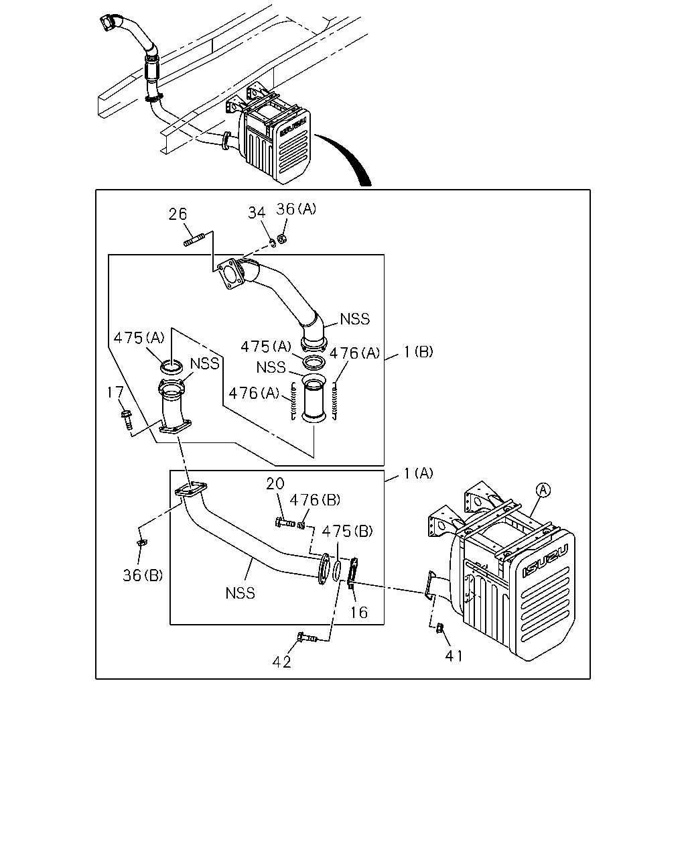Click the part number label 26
click(x=178, y=214)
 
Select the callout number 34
click(x=257, y=213)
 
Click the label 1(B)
click(x=418, y=352)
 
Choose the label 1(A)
click(x=418, y=473)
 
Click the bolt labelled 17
click(x=127, y=420)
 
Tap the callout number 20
click(x=275, y=484)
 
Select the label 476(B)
click(x=315, y=500)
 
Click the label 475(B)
click(x=347, y=532)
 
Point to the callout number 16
click(x=359, y=613)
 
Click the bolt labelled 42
click(x=307, y=637)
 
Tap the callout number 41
click(x=454, y=656)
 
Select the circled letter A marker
click(x=543, y=490)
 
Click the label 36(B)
click(x=143, y=575)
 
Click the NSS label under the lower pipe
click(x=240, y=593)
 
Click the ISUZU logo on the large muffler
click(x=546, y=562)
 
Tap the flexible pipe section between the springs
click(x=314, y=398)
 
